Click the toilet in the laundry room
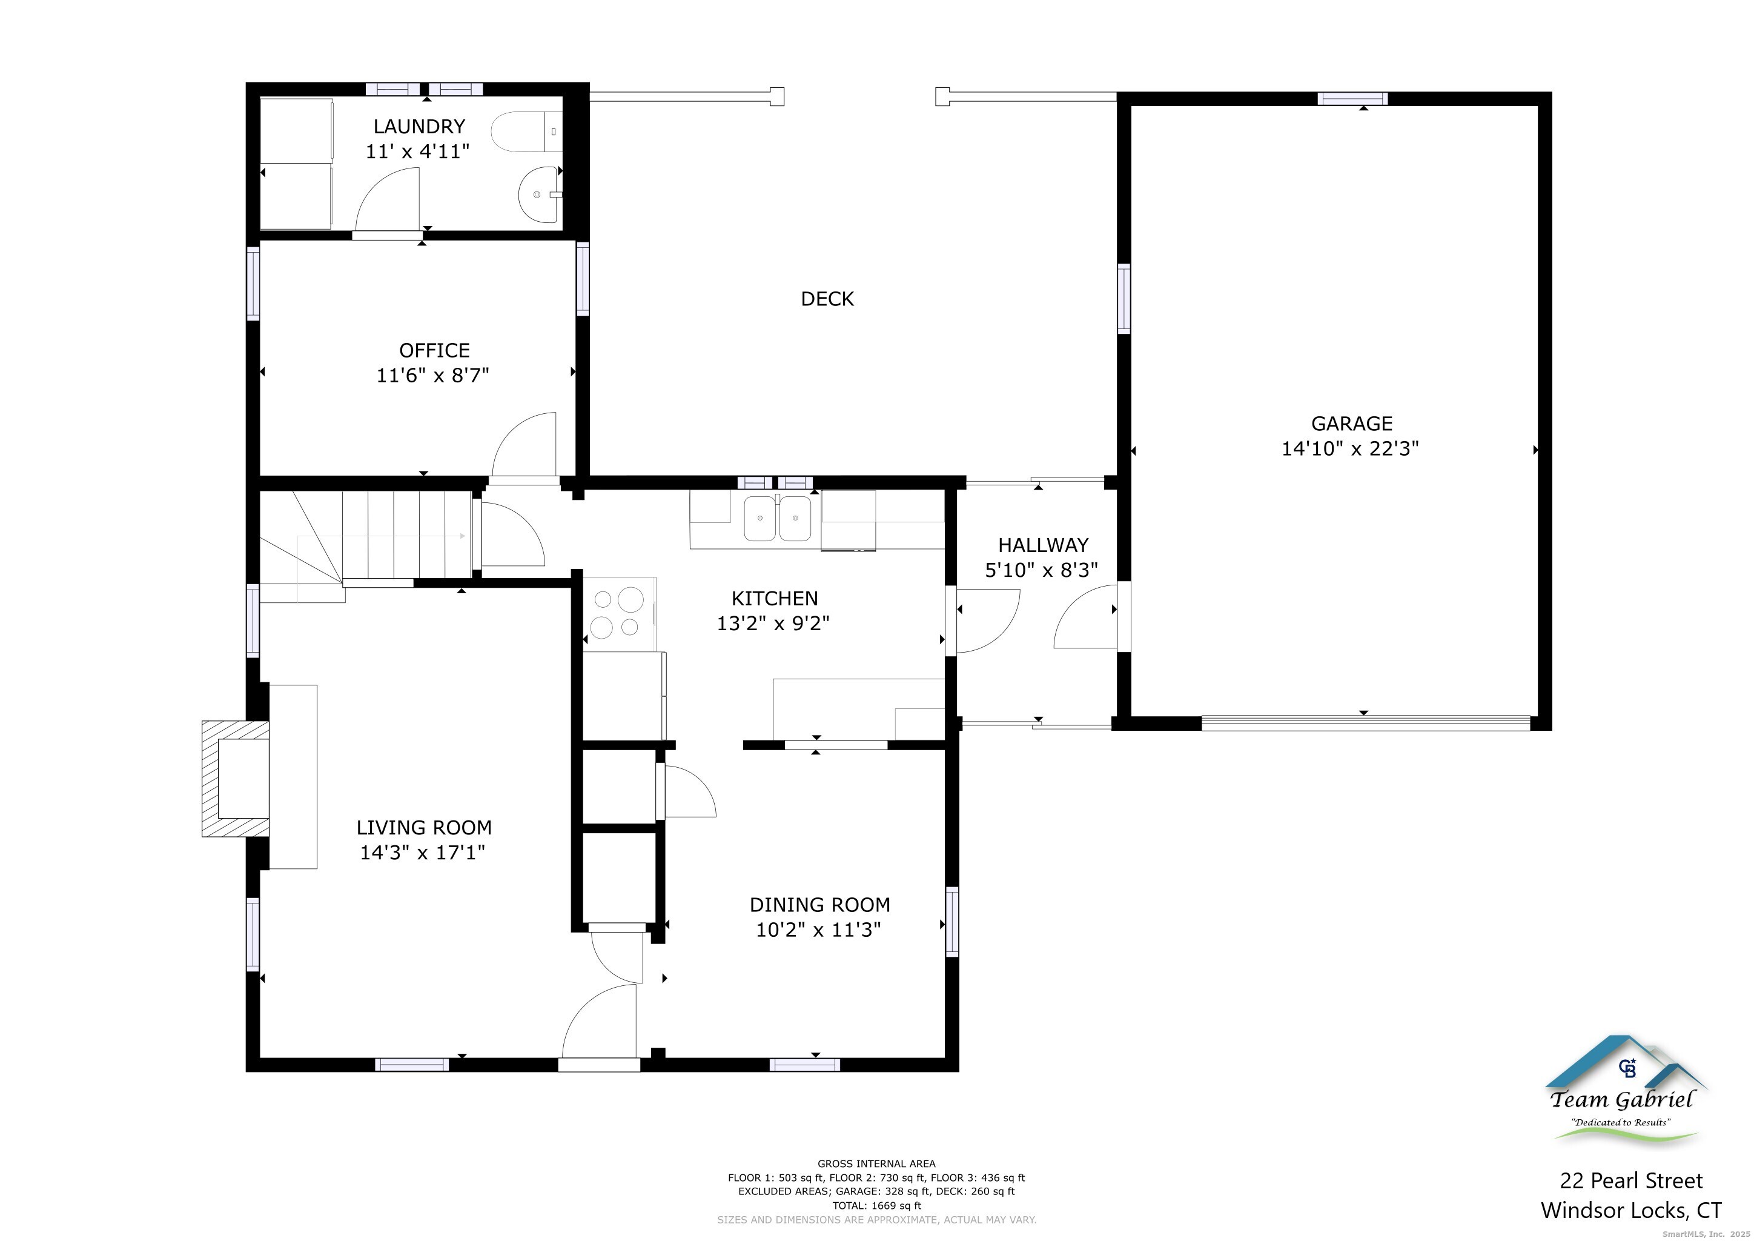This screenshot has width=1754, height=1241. pos(526,132)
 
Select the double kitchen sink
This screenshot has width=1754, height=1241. pos(778,518)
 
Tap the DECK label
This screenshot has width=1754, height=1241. pos(827,299)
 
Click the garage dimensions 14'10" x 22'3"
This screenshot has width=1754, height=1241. pos(1350,448)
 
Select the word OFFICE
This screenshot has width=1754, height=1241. pos(435,351)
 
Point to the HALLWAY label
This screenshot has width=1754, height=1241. pos(1043,545)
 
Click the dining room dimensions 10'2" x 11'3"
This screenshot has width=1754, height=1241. pos(818,930)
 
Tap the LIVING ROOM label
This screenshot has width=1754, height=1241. pos(424,828)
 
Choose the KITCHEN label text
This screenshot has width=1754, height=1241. pos(775,598)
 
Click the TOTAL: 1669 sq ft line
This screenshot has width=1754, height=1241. pos(877,1206)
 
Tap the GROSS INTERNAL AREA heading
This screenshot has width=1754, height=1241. pos(876,1164)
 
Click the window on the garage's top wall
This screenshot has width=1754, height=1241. pos(1353,99)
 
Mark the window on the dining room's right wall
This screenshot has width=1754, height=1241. pos(952,921)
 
